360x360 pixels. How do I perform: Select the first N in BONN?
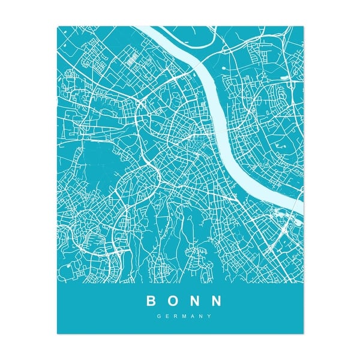(193, 299)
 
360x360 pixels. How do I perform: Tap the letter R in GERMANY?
(175, 317)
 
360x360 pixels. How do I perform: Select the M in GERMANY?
(184, 317)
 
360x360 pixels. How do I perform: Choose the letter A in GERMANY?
(193, 317)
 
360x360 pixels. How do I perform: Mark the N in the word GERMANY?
(201, 317)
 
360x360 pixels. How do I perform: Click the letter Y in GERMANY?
(209, 317)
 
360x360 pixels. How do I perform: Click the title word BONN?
(183, 299)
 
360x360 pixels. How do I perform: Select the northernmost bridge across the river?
(198, 60)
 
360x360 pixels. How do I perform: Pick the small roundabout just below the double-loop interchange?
(144, 117)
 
